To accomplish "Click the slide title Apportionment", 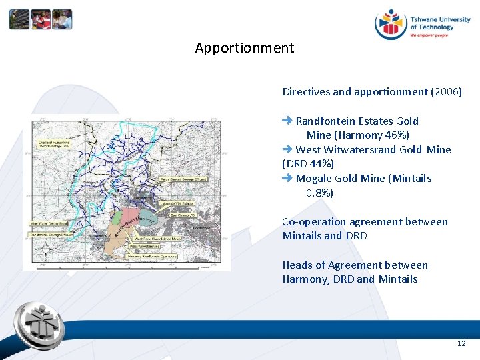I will [x=244, y=48].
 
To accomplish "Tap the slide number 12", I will [x=461, y=343].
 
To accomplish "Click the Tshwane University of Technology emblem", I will [x=390, y=25].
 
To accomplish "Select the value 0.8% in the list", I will [x=319, y=193].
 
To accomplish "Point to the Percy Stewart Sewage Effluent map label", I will [x=183, y=179].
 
